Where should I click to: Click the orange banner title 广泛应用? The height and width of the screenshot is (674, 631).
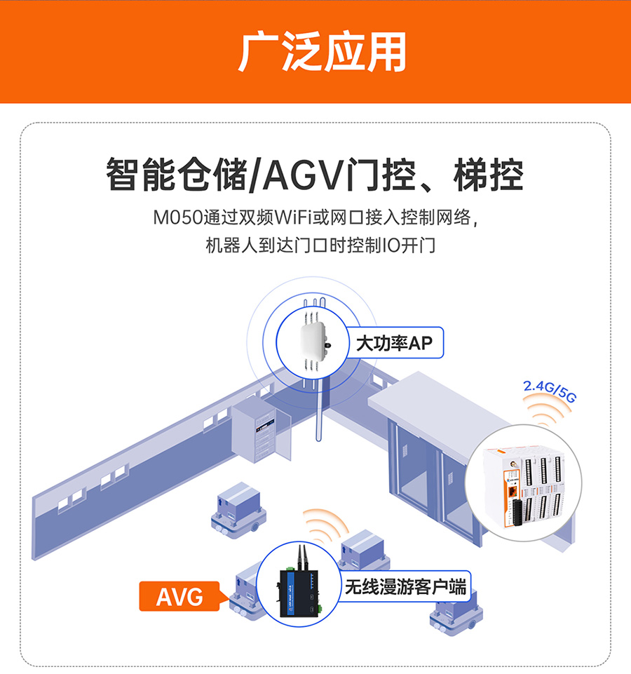click(x=322, y=52)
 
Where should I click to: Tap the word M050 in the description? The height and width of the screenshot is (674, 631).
click(x=178, y=217)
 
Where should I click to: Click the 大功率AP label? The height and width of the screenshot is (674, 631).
click(x=394, y=343)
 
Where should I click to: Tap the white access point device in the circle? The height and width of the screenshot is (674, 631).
click(x=315, y=342)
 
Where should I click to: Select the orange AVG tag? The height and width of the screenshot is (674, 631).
click(x=179, y=596)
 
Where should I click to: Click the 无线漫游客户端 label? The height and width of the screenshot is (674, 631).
click(x=405, y=587)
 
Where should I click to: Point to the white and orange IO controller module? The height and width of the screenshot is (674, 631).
click(x=525, y=485)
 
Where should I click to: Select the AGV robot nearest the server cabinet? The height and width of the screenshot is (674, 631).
click(x=239, y=511)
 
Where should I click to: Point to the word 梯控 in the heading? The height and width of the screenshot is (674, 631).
click(x=488, y=175)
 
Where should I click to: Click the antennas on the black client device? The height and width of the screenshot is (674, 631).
click(x=301, y=558)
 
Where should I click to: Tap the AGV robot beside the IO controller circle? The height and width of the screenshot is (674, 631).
click(x=456, y=619)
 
